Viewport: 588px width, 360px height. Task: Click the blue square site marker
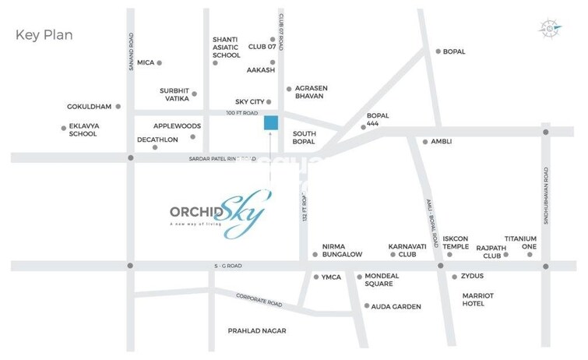pos(271,122)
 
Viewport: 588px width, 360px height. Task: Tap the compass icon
pos(551,29)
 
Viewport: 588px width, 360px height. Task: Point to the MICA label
pos(146,62)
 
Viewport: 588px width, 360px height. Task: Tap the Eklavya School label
pos(83,129)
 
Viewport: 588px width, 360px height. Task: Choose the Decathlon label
pos(157,139)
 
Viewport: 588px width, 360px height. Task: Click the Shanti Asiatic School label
pos(227,47)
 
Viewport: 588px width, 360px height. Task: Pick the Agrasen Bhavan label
pos(311,93)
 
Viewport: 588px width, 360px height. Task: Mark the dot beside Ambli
pos(425,142)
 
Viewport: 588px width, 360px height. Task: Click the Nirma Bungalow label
pos(343,249)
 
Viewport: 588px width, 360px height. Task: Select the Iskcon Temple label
pos(456,242)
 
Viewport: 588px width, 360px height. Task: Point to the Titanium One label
pos(520,242)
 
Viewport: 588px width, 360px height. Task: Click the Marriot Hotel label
pos(478,299)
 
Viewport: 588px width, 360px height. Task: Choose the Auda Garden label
pos(396,306)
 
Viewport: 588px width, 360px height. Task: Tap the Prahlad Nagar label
pos(256,330)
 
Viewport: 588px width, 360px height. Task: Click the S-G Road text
pos(228,266)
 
